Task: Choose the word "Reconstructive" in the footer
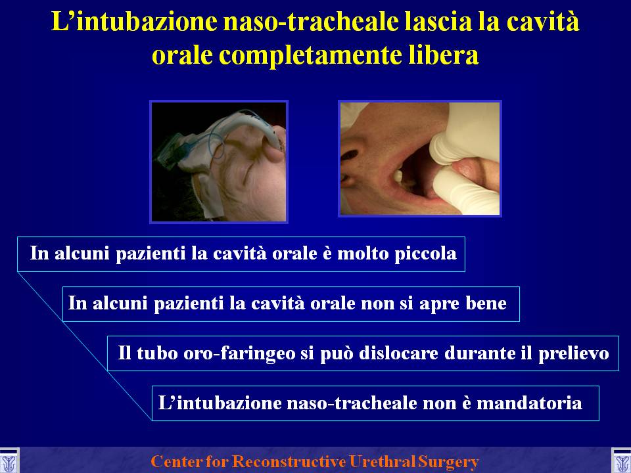[289, 461]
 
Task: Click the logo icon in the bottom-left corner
[9, 461]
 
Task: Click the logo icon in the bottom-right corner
[621, 461]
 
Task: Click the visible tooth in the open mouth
[398, 175]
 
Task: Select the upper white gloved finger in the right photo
[463, 133]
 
